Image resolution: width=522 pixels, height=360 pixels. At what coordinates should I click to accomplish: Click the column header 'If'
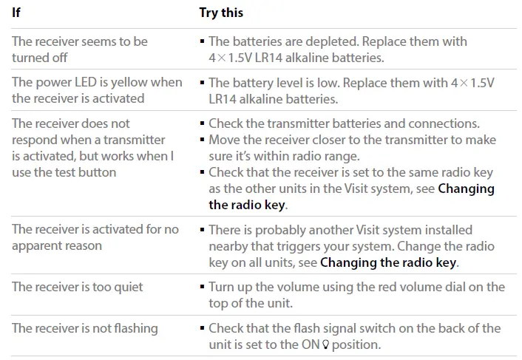(16, 13)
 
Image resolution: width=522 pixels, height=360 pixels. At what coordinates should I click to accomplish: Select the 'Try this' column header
(221, 13)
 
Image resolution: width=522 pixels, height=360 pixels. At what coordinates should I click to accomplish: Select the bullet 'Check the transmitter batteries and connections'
(344, 123)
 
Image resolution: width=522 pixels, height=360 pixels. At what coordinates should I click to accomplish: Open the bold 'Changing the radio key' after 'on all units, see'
(388, 262)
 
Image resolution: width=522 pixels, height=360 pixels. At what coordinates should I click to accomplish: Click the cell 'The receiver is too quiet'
(78, 287)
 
